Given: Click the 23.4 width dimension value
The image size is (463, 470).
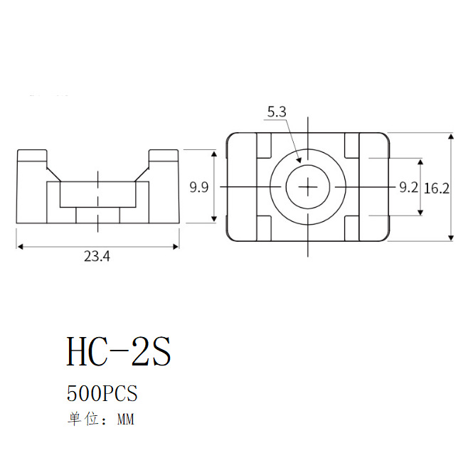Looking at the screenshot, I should [x=97, y=258].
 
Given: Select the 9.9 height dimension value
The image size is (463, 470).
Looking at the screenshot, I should [x=198, y=188].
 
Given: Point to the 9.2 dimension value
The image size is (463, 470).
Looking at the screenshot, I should [x=408, y=188].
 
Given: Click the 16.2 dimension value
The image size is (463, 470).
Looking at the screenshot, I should [x=436, y=188].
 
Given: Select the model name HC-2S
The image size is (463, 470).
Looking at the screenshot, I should [x=119, y=351].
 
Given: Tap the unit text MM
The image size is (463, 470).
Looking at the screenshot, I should [x=124, y=420].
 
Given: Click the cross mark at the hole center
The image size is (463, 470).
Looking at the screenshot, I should [x=309, y=187].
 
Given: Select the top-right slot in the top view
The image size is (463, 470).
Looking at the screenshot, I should [x=353, y=146].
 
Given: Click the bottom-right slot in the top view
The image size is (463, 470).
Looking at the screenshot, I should [x=353, y=228].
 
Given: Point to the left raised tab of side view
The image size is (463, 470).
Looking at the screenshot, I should [x=32, y=156].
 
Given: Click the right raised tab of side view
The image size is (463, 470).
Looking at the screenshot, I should [x=163, y=156].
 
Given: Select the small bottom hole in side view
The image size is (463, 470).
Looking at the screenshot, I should [x=97, y=215].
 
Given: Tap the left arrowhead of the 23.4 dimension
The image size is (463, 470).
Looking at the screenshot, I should [x=19, y=246].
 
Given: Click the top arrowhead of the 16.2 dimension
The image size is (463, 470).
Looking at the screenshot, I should [x=451, y=136].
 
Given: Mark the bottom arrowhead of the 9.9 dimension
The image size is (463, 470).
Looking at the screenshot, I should [x=214, y=221].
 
